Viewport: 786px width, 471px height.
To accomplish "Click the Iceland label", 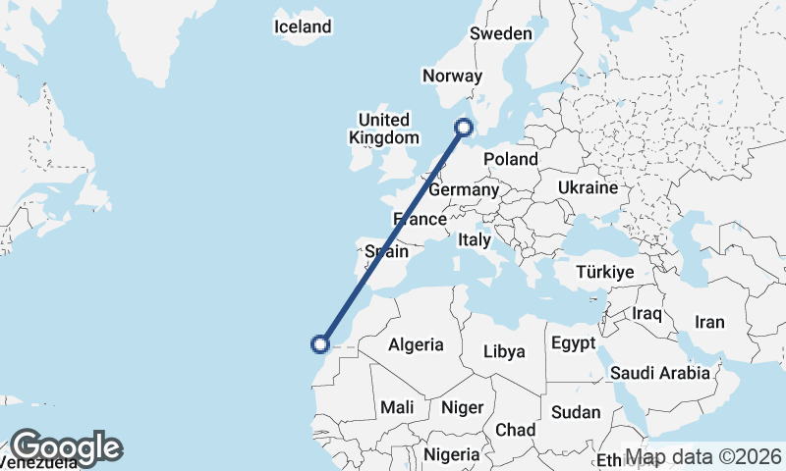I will [303, 26].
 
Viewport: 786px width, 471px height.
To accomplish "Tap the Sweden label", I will [500, 33].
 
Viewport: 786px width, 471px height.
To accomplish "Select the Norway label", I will [452, 76].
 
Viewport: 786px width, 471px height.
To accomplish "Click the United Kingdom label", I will [382, 129].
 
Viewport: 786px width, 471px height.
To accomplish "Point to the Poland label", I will [511, 159].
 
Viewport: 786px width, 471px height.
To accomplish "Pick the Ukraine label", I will [588, 187].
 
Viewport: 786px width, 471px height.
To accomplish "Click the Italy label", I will [475, 239].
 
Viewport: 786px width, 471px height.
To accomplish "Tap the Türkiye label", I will [604, 272].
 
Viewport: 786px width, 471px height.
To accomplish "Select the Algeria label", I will [416, 344].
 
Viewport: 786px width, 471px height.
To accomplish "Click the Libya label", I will [504, 350].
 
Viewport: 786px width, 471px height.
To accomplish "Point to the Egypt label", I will [573, 343].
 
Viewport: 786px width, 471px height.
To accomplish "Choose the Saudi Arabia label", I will [659, 373].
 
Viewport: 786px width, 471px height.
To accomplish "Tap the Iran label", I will [708, 322].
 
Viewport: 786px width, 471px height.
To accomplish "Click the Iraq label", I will [646, 314].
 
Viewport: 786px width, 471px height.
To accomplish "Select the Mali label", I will [397, 406].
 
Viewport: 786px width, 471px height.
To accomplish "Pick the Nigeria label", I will [451, 454].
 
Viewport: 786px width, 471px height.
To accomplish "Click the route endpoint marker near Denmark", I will [464, 126].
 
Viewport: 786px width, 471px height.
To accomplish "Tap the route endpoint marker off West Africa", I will [319, 343].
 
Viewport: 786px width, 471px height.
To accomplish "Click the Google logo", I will [66, 447].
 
